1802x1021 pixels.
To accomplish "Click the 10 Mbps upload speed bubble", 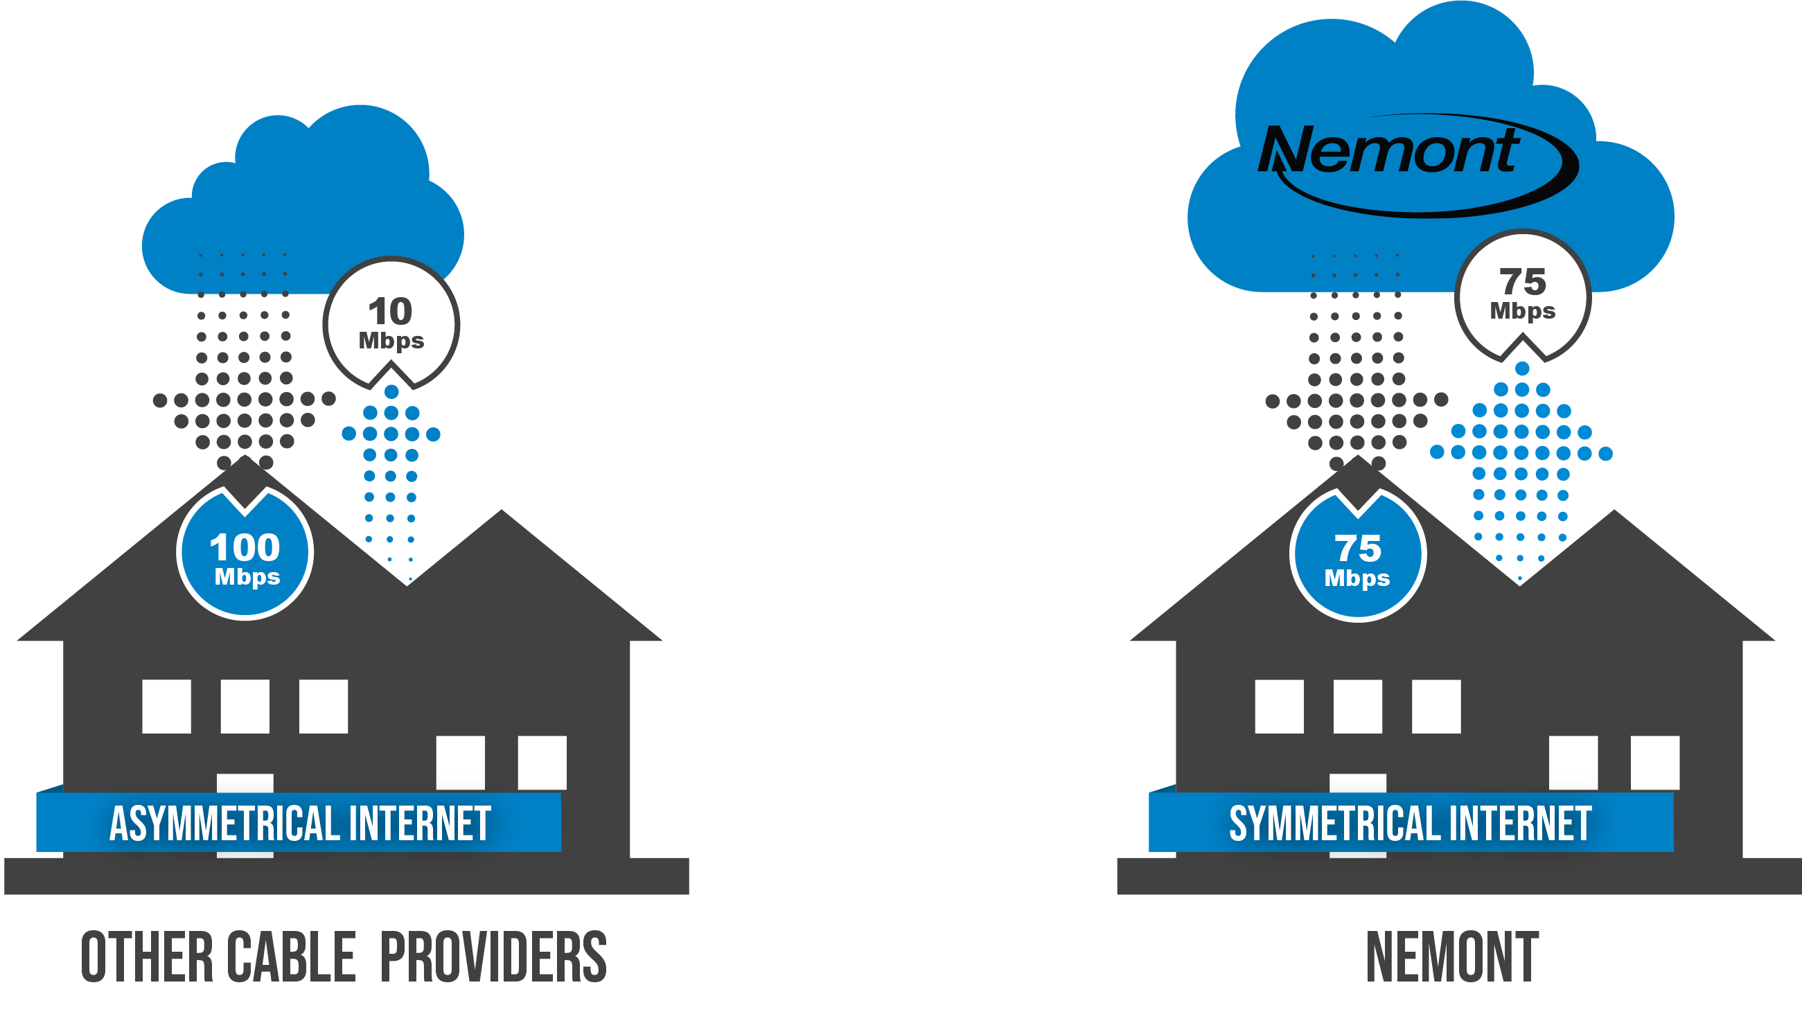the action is click(391, 323).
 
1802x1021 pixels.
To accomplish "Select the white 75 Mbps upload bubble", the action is click(1523, 294).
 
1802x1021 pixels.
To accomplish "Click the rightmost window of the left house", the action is click(542, 763).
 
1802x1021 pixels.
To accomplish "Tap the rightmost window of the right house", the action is click(1654, 763).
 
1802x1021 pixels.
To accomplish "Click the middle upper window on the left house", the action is click(245, 706).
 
